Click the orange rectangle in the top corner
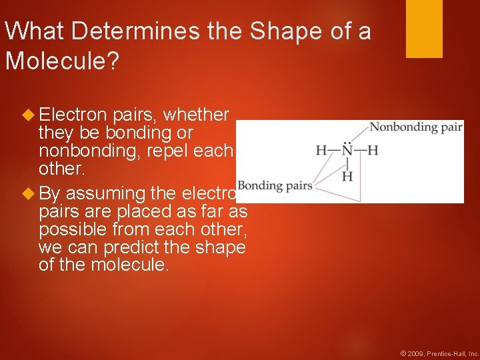424,29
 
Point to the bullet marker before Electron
27,115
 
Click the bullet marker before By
27,194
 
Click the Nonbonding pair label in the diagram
416,127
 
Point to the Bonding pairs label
275,185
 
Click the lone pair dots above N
347,141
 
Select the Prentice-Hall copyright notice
439,353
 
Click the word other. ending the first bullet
62,168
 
